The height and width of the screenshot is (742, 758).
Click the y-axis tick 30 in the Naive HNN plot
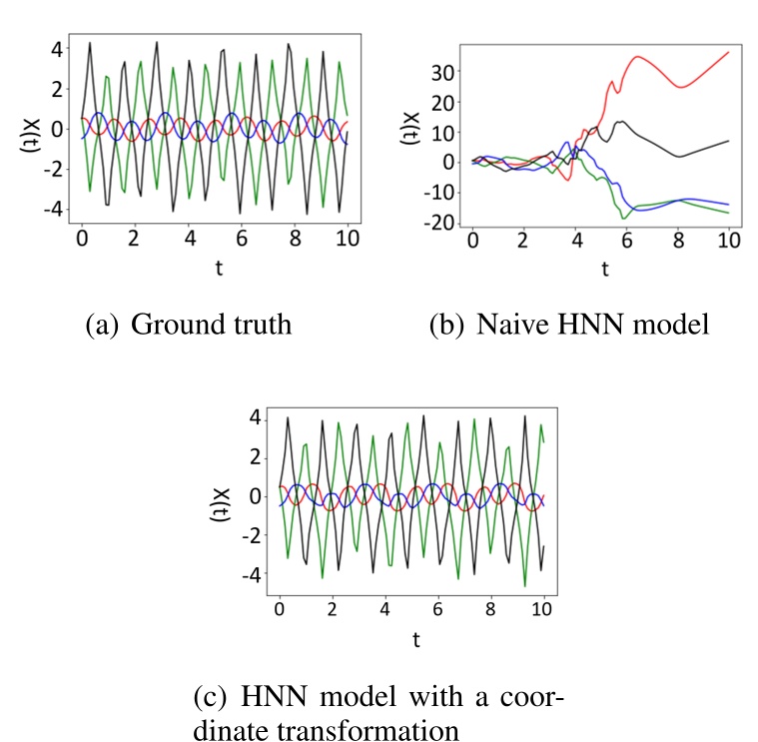pyautogui.click(x=442, y=72)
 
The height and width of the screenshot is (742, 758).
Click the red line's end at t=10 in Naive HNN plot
pyautogui.click(x=729, y=51)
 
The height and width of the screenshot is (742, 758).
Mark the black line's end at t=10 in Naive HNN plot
pyautogui.click(x=729, y=141)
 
